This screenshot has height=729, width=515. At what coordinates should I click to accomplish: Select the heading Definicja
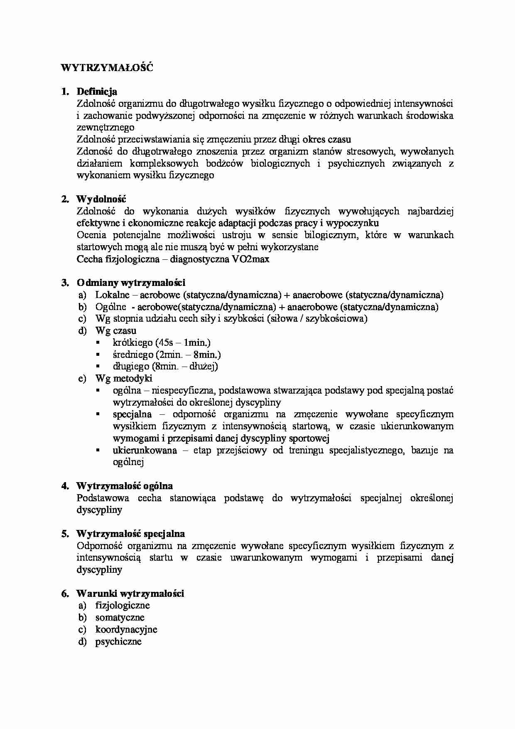(x=97, y=91)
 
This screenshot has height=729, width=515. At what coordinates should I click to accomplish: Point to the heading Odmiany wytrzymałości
(x=131, y=283)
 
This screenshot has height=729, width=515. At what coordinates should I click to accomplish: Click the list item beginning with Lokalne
(x=269, y=295)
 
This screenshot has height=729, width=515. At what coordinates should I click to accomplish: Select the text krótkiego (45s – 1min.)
(x=162, y=343)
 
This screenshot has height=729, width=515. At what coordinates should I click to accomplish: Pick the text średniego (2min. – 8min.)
(x=167, y=355)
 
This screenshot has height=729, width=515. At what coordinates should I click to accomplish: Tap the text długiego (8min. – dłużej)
(x=165, y=367)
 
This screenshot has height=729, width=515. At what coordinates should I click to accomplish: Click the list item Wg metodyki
(x=124, y=378)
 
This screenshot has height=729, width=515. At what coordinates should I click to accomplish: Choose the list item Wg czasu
(x=116, y=331)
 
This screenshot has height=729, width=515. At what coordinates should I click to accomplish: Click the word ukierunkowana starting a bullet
(x=145, y=451)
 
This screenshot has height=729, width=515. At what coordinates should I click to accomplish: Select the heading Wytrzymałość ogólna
(x=125, y=486)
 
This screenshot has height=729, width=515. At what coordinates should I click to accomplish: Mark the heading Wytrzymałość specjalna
(x=130, y=534)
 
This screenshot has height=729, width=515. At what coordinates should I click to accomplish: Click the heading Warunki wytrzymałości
(x=130, y=594)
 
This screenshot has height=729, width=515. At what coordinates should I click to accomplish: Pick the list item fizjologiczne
(x=123, y=606)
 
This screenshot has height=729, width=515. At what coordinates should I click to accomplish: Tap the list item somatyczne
(x=120, y=618)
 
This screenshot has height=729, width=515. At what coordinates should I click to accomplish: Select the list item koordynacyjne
(x=126, y=630)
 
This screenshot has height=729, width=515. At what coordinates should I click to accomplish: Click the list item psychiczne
(x=118, y=642)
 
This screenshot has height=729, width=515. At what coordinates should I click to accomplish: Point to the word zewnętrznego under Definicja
(x=105, y=127)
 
